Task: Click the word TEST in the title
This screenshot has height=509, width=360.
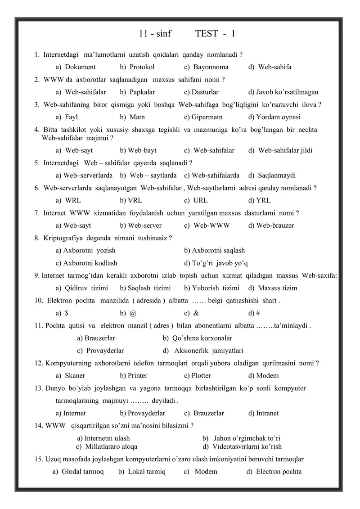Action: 207,34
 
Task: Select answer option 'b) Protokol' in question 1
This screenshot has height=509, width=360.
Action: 137,67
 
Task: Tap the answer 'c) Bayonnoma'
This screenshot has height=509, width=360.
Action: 206,67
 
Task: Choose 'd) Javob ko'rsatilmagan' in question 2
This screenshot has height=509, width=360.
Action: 283,92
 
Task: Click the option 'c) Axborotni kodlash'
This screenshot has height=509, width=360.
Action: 86,263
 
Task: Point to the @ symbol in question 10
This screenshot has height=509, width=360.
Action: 132,313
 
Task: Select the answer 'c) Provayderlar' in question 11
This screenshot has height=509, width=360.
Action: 100,351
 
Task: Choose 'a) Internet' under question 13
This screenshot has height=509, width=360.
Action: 71,413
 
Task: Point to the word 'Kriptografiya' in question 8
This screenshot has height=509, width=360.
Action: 62,238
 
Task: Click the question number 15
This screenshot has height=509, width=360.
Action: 38,459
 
